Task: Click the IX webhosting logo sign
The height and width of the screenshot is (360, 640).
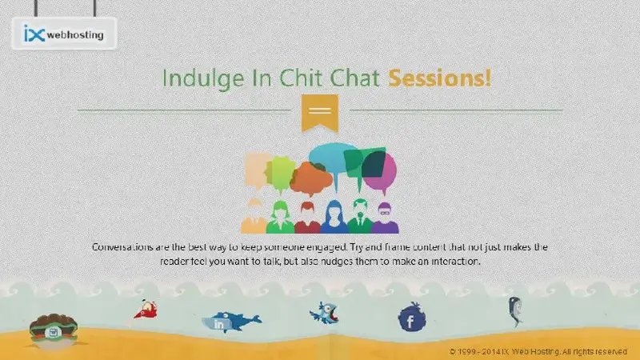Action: click(65, 34)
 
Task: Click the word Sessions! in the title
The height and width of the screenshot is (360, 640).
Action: click(439, 78)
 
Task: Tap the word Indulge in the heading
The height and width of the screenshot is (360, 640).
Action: click(203, 78)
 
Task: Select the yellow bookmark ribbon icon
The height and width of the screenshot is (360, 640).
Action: click(319, 113)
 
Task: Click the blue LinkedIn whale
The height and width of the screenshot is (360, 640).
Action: click(231, 322)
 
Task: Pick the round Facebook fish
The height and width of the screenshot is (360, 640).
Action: click(411, 317)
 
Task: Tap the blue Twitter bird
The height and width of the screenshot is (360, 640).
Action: click(324, 313)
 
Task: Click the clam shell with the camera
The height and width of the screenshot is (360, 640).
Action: click(54, 330)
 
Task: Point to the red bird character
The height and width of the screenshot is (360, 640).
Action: click(146, 310)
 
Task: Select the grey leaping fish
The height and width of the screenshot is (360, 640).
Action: click(515, 311)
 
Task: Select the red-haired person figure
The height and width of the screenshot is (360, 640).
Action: click(307, 218)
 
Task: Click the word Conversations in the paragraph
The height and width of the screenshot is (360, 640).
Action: click(122, 247)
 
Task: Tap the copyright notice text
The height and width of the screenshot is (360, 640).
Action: click(538, 351)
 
